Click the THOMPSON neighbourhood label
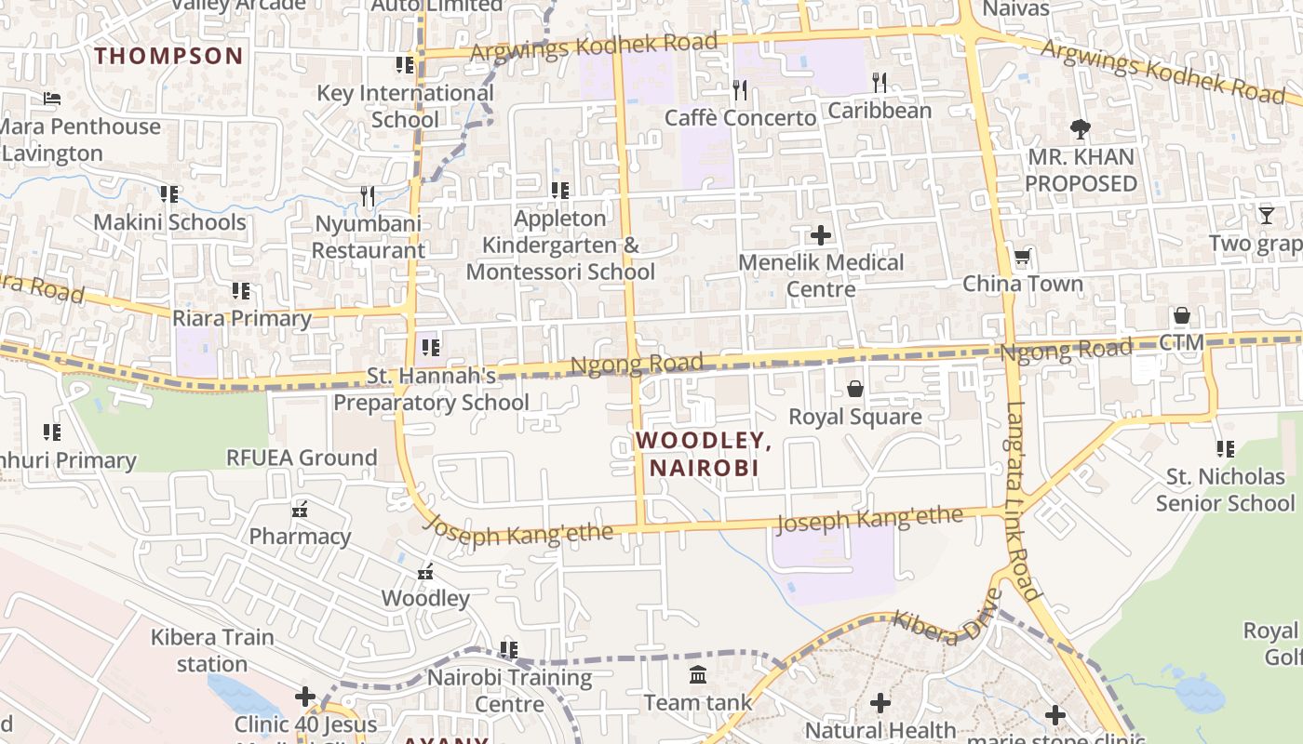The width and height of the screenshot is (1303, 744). click(x=168, y=56)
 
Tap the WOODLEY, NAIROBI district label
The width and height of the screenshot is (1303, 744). click(x=704, y=454)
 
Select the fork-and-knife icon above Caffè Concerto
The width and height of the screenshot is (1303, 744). click(x=740, y=89)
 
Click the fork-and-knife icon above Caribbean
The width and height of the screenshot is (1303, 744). click(x=879, y=83)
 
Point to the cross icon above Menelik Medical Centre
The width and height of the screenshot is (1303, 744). click(x=821, y=234)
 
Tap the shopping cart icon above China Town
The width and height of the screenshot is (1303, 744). click(x=1022, y=257)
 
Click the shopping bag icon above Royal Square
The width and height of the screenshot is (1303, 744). click(x=854, y=389)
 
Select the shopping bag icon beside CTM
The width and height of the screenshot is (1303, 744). click(x=1181, y=315)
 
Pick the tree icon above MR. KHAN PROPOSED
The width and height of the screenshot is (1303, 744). click(x=1081, y=128)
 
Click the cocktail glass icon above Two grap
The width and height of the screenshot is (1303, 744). click(x=1267, y=216)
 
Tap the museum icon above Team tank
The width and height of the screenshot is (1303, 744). click(x=698, y=674)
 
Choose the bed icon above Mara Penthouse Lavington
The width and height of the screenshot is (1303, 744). click(x=52, y=99)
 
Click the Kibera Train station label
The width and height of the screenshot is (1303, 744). click(x=212, y=650)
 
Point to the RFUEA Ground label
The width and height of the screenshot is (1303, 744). click(x=302, y=458)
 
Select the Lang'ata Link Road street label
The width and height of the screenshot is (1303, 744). click(x=1022, y=500)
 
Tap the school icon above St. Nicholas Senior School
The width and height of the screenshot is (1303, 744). click(x=1225, y=449)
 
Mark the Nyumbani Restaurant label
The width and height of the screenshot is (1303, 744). click(x=368, y=237)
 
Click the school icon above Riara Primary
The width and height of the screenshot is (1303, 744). click(x=241, y=291)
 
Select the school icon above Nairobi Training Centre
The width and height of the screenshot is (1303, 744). click(x=508, y=649)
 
